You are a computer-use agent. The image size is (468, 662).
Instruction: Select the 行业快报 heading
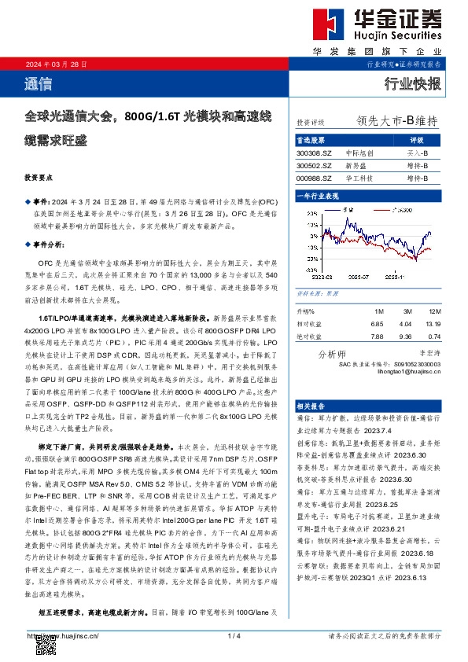412,83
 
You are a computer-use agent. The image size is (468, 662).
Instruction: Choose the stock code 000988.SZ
314,178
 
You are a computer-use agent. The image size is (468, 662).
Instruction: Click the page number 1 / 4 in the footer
233,635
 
